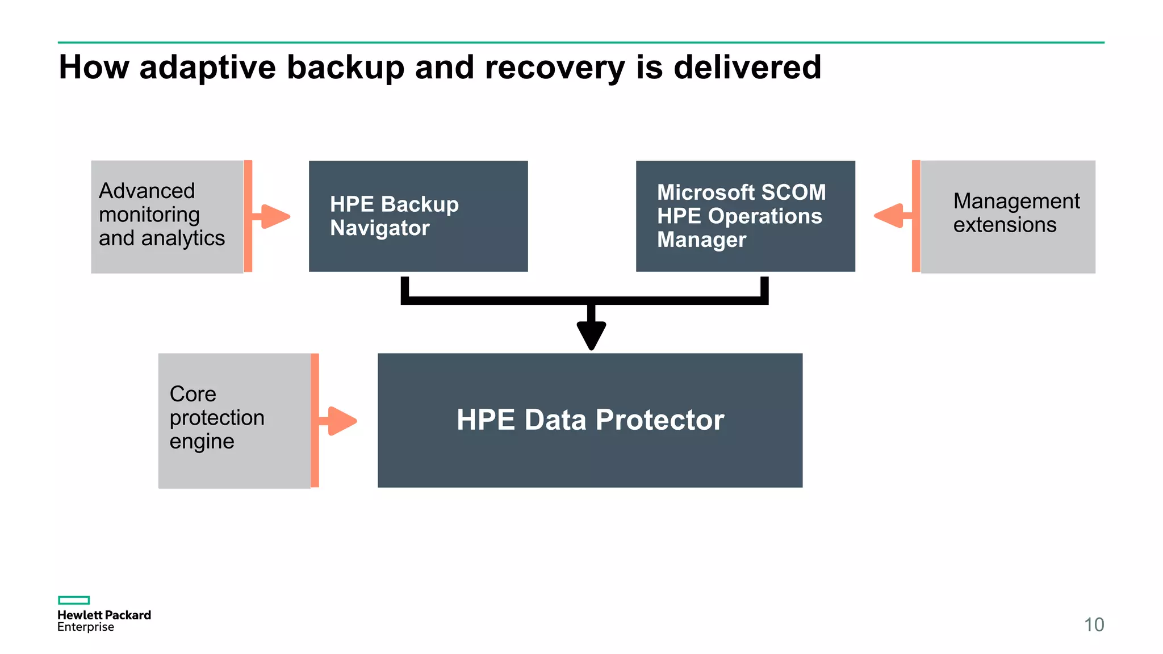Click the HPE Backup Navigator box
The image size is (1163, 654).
(x=418, y=216)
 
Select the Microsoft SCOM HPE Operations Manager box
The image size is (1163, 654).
(x=745, y=216)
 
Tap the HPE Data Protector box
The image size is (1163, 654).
(x=589, y=420)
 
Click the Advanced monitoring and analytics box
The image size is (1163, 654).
(x=167, y=216)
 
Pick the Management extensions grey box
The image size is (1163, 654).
(x=1007, y=216)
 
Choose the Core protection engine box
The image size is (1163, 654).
(x=234, y=421)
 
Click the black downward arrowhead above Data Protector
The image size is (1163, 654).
(x=591, y=335)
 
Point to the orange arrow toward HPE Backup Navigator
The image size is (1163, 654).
(x=274, y=216)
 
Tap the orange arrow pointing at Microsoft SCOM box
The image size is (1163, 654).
(x=890, y=216)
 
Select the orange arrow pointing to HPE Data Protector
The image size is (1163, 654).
(x=341, y=421)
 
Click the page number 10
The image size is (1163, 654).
(x=1094, y=624)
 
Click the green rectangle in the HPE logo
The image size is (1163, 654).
(x=74, y=600)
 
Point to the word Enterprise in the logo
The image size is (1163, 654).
(x=86, y=627)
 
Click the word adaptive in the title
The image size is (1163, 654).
(x=207, y=68)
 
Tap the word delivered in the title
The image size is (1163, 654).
(x=747, y=68)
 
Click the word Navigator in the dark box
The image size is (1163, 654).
(x=380, y=228)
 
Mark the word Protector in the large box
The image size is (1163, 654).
(x=660, y=420)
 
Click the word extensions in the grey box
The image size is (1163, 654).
(x=1005, y=225)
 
